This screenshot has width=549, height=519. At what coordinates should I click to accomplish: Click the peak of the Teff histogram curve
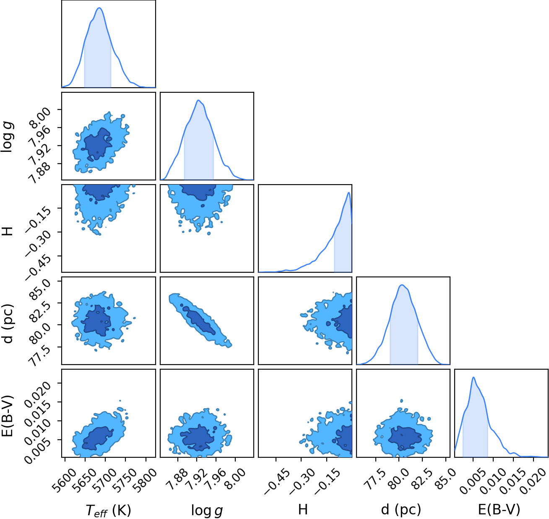coord(99,8)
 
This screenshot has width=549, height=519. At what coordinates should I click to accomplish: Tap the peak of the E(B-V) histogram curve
coord(474,377)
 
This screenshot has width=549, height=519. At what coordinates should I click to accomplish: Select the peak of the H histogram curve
coord(349,193)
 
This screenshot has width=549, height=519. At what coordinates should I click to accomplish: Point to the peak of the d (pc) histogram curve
coord(402,285)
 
